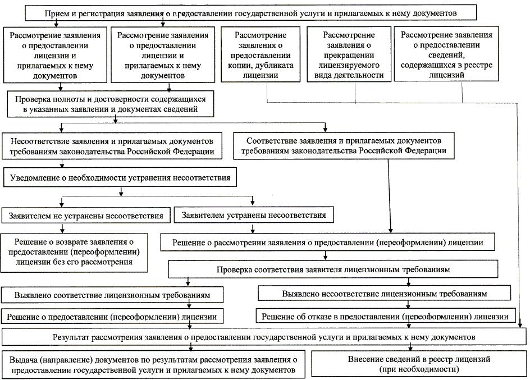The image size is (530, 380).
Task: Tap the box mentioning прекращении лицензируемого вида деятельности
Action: click(x=349, y=55)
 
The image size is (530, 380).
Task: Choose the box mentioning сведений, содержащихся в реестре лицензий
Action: click(x=446, y=55)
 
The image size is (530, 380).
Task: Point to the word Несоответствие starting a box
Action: click(x=44, y=140)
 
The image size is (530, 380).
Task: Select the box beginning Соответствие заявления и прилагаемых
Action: click(x=344, y=145)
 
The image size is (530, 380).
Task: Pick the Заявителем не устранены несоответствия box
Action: click(x=86, y=216)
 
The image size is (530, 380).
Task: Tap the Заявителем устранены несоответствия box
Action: click(x=250, y=215)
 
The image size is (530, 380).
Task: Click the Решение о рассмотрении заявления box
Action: click(x=328, y=242)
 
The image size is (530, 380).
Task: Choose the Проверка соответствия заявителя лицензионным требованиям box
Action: click(x=333, y=270)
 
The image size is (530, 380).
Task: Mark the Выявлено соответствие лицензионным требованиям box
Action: click(x=113, y=295)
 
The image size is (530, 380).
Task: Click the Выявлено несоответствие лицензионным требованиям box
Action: click(x=385, y=294)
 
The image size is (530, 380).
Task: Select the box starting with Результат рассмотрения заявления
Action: click(x=264, y=337)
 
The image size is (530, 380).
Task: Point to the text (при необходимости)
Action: click(x=419, y=370)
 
